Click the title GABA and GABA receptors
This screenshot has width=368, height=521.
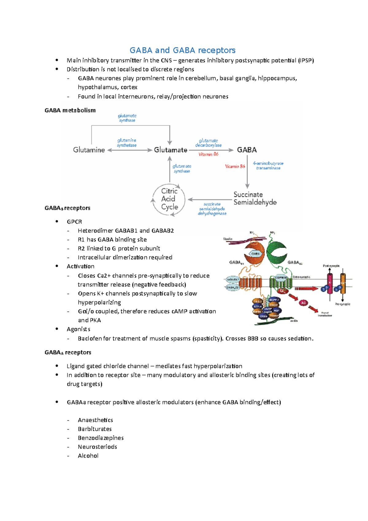[x=182, y=50]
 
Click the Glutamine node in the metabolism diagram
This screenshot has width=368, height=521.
[x=89, y=150]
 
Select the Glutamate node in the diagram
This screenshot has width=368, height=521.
[x=171, y=150]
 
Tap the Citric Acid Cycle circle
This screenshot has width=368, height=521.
[x=169, y=199]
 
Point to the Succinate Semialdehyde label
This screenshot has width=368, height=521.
[x=255, y=199]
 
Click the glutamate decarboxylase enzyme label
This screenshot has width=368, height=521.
[x=208, y=143]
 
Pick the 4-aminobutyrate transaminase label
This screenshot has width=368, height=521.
[x=268, y=166]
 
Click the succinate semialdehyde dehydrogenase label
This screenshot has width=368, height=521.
[x=212, y=209]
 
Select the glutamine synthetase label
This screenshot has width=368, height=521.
[x=127, y=143]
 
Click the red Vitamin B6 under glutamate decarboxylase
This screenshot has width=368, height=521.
[x=208, y=154]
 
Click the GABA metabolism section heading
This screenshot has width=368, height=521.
[x=70, y=110]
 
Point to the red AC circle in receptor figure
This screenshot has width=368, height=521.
[x=303, y=303]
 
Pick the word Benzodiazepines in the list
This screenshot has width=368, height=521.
[x=101, y=438]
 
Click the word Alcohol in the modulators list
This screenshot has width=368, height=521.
[x=88, y=456]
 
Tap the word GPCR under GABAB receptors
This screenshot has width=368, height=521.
[x=74, y=222]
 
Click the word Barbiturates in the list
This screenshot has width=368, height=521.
[x=94, y=429]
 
